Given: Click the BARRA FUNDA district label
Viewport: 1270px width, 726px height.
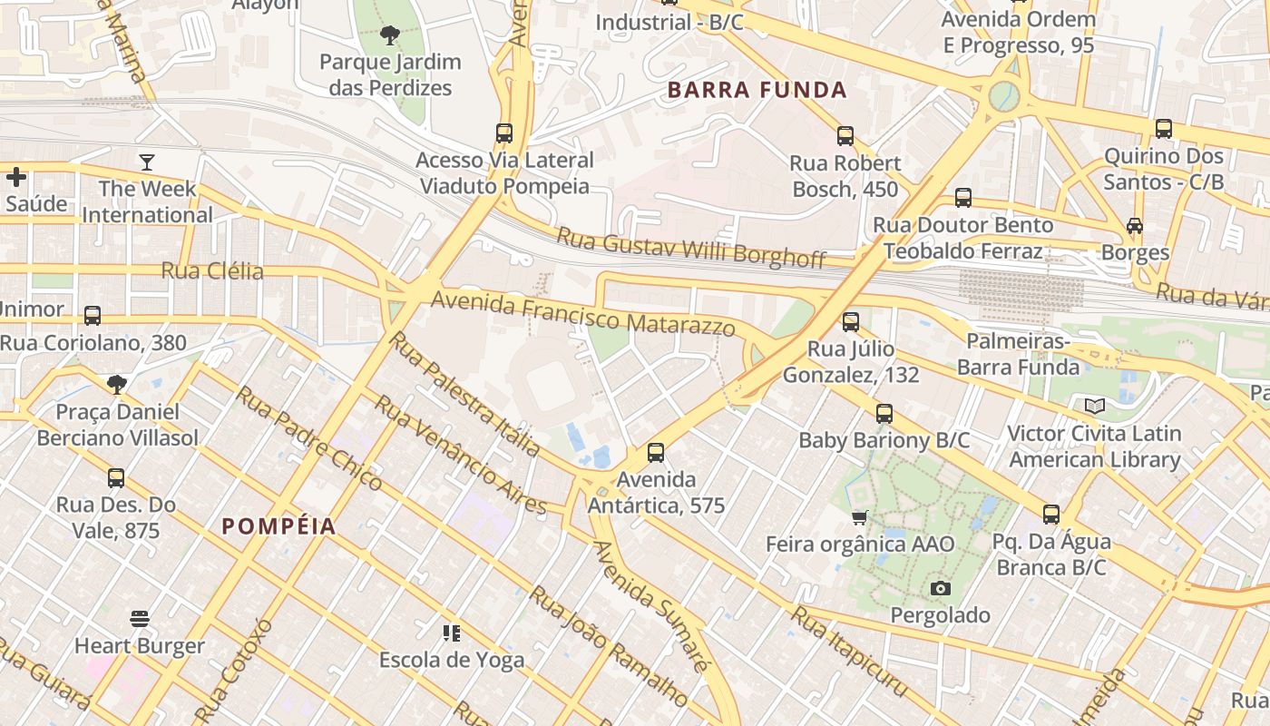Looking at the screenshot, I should click(x=757, y=90).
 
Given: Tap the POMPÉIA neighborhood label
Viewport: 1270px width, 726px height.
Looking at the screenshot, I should click(x=278, y=526).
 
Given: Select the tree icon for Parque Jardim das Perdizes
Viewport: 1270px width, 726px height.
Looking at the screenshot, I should click(x=390, y=36).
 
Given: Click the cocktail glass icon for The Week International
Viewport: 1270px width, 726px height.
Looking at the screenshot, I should click(x=147, y=162).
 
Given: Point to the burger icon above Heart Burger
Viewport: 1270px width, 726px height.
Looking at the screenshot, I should click(x=139, y=619).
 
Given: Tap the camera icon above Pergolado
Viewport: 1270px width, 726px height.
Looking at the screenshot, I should click(x=940, y=588).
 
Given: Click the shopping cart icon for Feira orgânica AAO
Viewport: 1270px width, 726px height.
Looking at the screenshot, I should click(x=859, y=517).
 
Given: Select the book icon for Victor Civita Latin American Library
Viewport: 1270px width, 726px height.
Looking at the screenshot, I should click(x=1095, y=406).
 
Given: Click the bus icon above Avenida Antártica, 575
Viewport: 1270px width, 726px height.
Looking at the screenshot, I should click(x=656, y=452).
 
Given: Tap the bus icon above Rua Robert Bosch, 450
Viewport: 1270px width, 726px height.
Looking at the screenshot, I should click(x=845, y=136).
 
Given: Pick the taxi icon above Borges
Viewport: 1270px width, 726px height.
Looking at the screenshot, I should click(x=1134, y=225).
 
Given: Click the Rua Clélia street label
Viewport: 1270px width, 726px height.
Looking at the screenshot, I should click(x=212, y=271).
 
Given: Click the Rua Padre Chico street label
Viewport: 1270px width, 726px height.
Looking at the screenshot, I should click(x=308, y=438).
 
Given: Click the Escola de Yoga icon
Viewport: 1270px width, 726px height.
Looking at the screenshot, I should click(x=451, y=633).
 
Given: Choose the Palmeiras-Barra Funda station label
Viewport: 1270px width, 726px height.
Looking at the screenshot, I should click(x=1018, y=354).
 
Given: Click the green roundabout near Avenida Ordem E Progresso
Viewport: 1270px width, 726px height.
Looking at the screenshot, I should click(x=1003, y=95).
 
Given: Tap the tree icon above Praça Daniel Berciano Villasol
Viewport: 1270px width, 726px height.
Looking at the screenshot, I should click(x=116, y=385).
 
